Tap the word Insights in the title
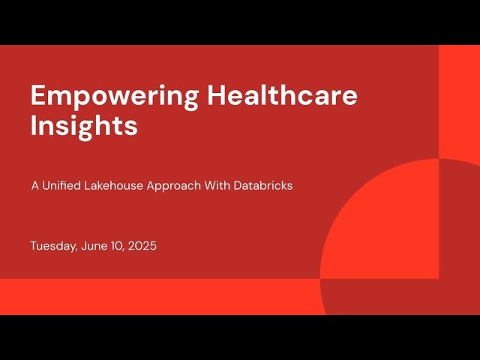coord(84,126)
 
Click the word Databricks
coord(263,185)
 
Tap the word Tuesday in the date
coord(52,246)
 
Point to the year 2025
coord(142,246)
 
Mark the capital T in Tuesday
coord(34,246)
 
